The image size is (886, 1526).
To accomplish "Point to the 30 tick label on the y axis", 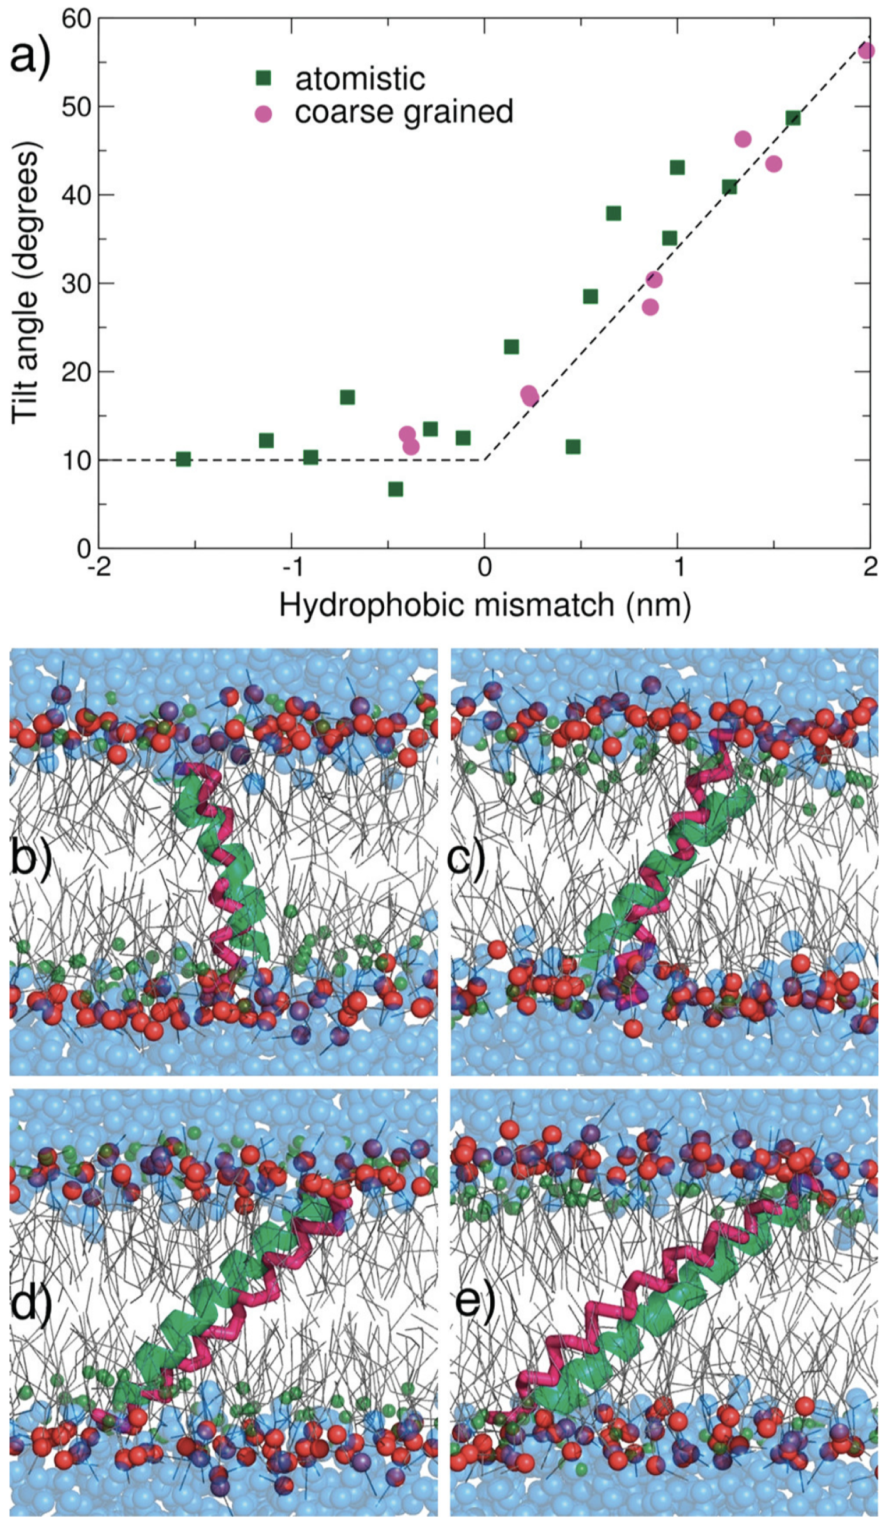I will [x=77, y=283].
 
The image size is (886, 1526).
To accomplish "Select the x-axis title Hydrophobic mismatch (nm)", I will [x=484, y=605].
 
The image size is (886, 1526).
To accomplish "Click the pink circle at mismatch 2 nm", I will [x=867, y=51].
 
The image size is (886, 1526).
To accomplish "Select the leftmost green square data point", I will [x=183, y=459].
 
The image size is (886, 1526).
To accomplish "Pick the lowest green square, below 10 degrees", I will [x=395, y=489].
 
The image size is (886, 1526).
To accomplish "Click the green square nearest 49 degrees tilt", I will [x=793, y=118].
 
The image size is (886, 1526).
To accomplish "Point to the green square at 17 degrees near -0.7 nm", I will [x=347, y=398].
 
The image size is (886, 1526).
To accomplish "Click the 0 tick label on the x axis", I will [x=484, y=567].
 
